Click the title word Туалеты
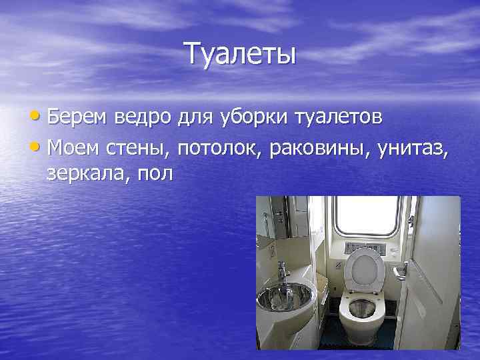(x=239, y=54)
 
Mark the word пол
(x=155, y=174)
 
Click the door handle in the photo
(x=401, y=270)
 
